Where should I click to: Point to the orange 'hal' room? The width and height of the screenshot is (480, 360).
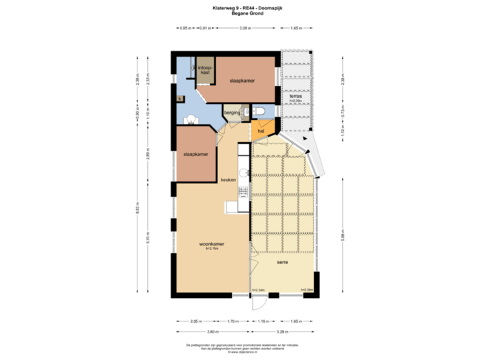(x=261, y=131)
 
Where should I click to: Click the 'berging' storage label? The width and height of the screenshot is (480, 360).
(x=232, y=113)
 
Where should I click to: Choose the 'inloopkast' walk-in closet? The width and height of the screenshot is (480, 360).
(x=205, y=69)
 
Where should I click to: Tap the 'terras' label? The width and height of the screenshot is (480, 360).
(x=295, y=97)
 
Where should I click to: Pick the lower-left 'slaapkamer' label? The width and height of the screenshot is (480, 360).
(x=196, y=155)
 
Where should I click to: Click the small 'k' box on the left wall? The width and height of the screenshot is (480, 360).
(x=179, y=98)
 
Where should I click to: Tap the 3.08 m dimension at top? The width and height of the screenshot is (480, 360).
(x=244, y=28)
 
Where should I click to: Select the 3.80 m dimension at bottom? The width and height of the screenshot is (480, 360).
(x=213, y=331)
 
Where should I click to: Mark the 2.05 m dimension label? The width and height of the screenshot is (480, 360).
(x=196, y=321)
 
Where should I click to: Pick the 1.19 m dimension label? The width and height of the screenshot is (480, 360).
(x=265, y=321)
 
